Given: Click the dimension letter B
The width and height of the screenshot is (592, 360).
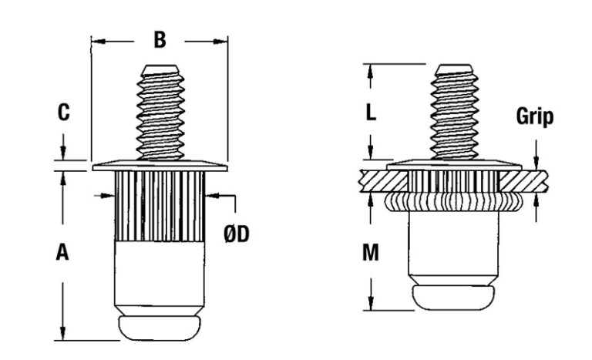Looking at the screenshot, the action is click(160, 39).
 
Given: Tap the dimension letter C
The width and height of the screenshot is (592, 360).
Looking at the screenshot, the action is click(63, 113).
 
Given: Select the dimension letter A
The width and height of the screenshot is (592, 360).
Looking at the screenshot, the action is click(62, 252).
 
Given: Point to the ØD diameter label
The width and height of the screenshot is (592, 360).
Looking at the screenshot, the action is click(237, 234).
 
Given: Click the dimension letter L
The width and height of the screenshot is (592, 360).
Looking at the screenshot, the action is click(371, 113).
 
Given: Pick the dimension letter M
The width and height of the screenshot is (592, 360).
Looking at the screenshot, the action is click(370, 252).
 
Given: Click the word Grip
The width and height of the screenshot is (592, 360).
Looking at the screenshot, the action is click(535, 116).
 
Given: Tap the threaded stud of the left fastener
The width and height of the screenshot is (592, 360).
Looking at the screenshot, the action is click(160, 113).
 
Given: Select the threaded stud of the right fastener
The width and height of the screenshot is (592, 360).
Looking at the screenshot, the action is click(454, 113).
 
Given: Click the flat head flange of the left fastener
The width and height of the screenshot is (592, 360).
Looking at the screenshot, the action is click(160, 167).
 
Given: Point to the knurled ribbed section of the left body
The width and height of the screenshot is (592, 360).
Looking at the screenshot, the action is click(160, 207).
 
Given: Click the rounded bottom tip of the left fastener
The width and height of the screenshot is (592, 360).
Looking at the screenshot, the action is click(160, 328).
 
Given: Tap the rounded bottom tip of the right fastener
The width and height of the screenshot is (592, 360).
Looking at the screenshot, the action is click(453, 298).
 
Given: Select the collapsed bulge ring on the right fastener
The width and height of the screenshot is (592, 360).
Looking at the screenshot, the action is click(453, 201).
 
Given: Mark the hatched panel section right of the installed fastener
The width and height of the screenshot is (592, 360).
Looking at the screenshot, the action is click(523, 181).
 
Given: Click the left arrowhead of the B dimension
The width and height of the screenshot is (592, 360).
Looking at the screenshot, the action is click(98, 41).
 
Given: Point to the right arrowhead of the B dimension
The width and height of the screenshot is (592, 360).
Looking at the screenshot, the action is click(221, 41).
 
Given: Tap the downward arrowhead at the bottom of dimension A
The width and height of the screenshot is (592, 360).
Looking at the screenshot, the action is click(63, 334).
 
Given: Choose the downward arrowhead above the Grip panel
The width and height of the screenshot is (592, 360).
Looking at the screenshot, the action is click(536, 163).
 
